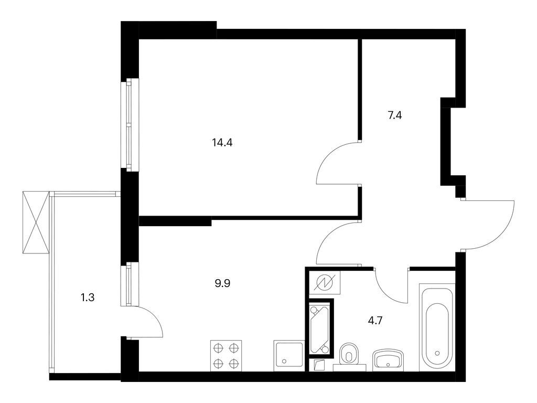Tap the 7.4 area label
[395, 115]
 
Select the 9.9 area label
[223, 284]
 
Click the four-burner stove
[227, 355]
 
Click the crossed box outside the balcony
[35, 222]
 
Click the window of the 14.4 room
[129, 124]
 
